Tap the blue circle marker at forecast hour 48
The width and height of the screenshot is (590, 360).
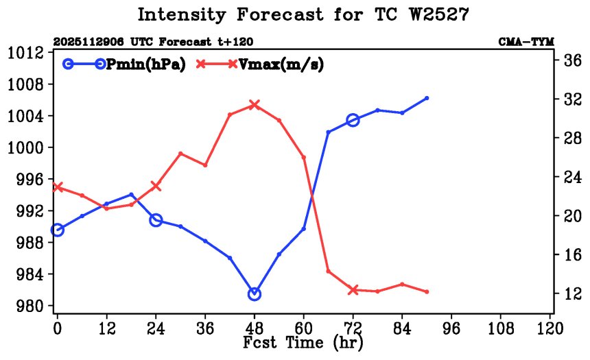point(255,294)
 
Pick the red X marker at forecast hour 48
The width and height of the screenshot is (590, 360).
point(255,105)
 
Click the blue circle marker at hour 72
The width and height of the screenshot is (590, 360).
point(353,120)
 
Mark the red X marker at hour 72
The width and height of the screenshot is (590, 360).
point(353,290)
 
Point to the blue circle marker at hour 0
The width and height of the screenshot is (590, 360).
point(58,230)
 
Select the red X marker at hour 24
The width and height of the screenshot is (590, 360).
point(156,186)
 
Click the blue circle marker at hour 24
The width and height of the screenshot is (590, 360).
point(156,220)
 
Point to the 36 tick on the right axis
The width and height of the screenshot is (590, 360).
point(572,61)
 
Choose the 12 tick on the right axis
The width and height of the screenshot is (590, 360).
point(572,293)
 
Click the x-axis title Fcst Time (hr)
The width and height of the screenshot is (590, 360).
point(303,341)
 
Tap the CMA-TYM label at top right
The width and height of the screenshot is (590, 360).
point(526,42)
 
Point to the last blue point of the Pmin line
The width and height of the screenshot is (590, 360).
point(427,98)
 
